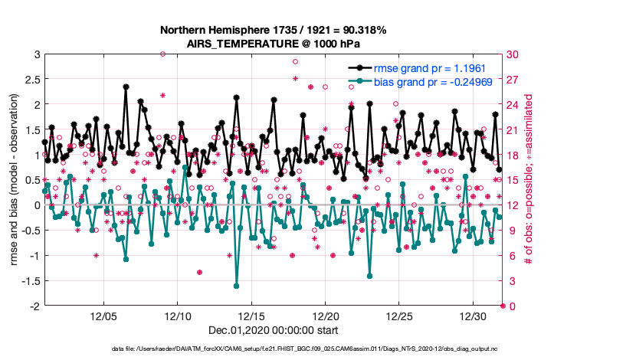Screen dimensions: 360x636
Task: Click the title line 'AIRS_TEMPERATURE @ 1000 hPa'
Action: [274, 44]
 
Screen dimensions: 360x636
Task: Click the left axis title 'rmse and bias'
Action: [14, 180]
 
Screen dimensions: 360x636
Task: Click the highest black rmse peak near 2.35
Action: [126, 87]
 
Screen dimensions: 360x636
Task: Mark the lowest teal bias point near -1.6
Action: [236, 286]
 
